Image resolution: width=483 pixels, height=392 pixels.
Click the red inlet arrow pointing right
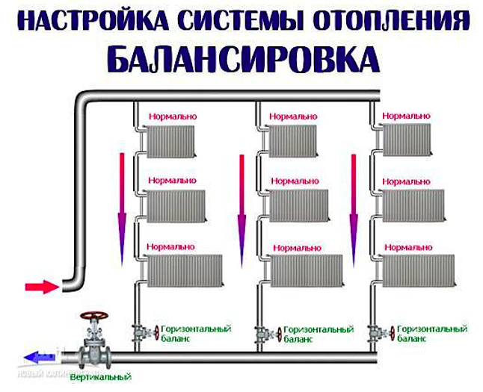point(41,286)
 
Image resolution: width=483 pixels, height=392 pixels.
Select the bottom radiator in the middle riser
point(307,270)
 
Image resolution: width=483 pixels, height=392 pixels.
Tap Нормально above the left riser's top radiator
point(172,117)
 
